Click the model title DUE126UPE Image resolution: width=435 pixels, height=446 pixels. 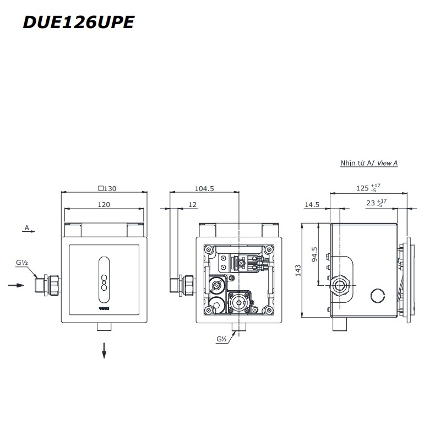[78, 23]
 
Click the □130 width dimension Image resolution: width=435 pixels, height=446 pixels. [107, 188]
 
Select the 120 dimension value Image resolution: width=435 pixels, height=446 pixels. [104, 205]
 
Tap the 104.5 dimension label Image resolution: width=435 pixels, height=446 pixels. [204, 188]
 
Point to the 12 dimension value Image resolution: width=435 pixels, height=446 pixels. [192, 205]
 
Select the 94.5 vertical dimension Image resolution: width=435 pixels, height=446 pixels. [314, 254]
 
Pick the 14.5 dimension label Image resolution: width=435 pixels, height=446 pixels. [312, 205]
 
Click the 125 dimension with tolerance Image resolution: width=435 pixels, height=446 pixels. [366, 188]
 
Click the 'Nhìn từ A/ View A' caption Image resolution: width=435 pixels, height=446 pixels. [368, 164]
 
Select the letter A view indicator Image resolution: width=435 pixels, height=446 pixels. [26, 227]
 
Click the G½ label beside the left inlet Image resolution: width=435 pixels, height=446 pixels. [22, 263]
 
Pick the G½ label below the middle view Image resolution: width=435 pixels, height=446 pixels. [222, 340]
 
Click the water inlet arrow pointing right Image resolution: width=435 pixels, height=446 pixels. [17, 285]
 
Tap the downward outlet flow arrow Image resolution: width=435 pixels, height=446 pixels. [104, 350]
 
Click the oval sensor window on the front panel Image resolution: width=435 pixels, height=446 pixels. [104, 273]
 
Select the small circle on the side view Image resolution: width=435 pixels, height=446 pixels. [378, 296]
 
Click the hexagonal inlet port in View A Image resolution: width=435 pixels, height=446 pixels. [339, 286]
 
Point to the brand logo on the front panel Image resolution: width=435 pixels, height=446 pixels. [104, 309]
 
